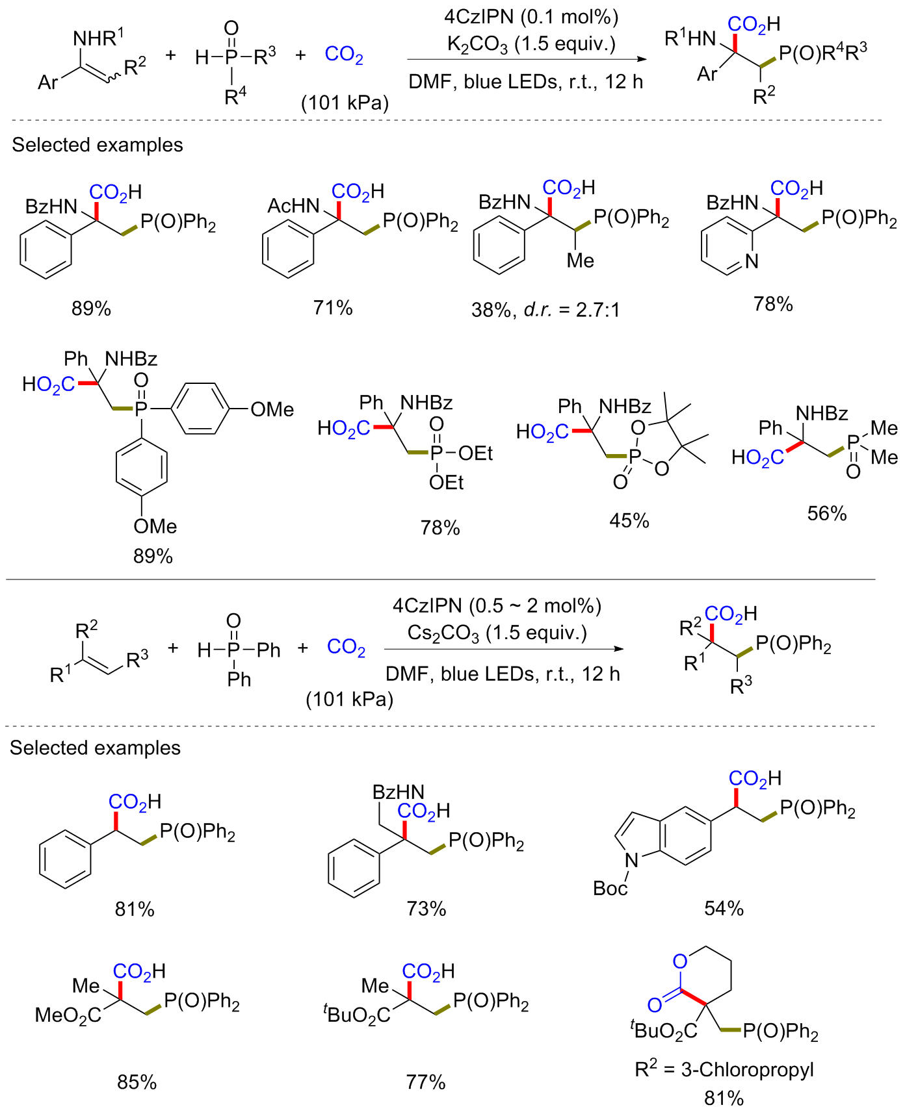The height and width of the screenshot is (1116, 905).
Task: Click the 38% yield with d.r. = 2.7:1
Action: (545, 310)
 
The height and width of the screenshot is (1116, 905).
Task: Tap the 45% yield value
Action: (629, 520)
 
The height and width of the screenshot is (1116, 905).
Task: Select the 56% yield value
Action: (826, 514)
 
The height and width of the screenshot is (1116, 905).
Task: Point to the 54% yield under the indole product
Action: (724, 908)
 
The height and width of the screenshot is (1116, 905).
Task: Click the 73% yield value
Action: (426, 908)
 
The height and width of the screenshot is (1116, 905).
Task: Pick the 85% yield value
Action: (137, 1082)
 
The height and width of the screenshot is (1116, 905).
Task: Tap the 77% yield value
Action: (426, 1082)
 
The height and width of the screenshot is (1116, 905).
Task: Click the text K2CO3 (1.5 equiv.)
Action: (531, 44)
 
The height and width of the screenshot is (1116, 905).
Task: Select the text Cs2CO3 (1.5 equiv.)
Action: (497, 633)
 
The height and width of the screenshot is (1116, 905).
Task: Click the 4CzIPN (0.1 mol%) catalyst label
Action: (531, 17)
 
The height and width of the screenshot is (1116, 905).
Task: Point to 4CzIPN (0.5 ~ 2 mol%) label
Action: (497, 605)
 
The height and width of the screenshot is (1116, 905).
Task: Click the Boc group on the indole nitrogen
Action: (610, 888)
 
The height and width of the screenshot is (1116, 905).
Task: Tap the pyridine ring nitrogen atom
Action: (752, 261)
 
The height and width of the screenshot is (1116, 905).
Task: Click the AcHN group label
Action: (293, 206)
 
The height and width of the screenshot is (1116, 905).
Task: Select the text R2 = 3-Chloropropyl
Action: (724, 1069)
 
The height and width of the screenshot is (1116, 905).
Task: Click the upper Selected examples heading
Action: (98, 145)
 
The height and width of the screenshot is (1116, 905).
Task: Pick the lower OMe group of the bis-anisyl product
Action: (155, 526)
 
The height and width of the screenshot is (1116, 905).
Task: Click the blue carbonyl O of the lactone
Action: (655, 1006)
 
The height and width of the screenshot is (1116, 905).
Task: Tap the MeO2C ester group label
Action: (68, 1015)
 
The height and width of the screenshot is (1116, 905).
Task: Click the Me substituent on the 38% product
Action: (580, 260)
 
